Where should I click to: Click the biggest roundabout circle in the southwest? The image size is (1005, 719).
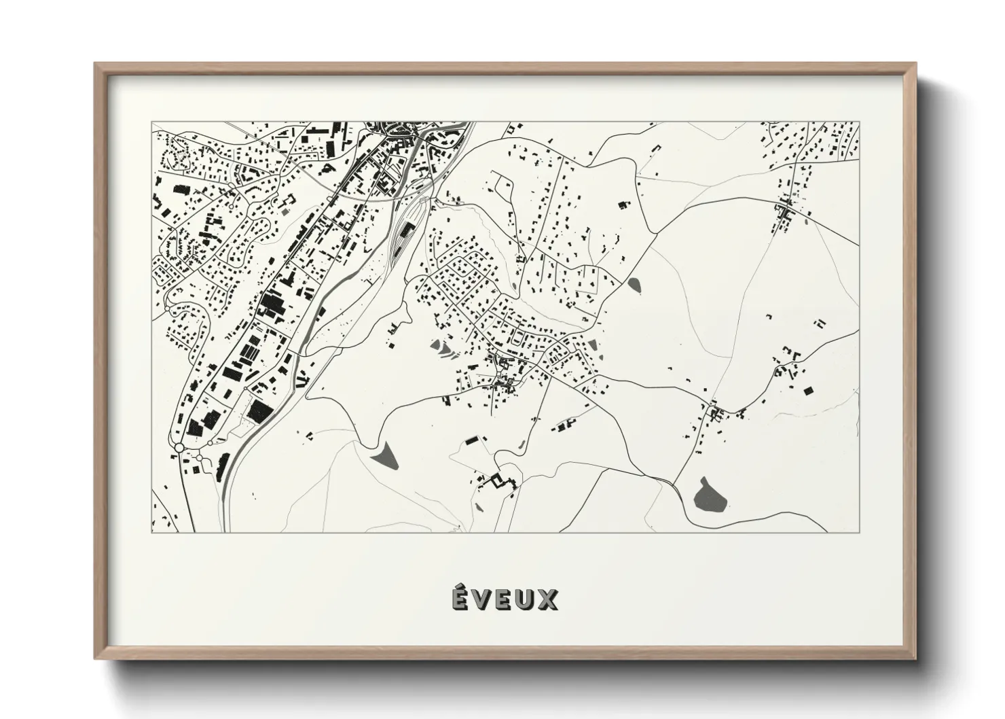(179, 447)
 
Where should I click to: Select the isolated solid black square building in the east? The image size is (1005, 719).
(807, 390)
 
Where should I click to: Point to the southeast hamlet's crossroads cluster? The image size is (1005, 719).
(712, 410)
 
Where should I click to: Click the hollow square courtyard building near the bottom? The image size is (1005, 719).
(500, 480)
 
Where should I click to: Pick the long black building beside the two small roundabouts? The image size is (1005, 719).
(223, 466)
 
